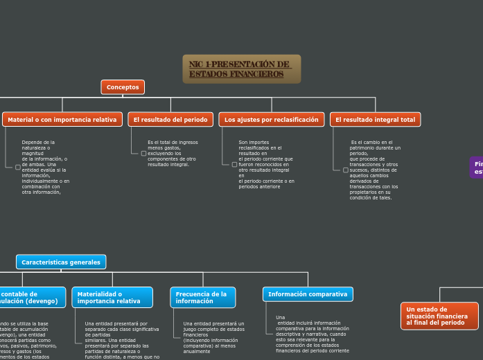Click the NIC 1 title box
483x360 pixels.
[x=241, y=69]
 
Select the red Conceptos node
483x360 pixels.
[x=123, y=87]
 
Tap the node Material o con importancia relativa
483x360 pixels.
[x=62, y=120]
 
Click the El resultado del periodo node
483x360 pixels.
[x=170, y=120]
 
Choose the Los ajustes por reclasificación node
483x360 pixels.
[x=271, y=120]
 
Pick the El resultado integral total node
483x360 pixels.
[x=375, y=120]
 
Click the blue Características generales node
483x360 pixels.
[x=61, y=262]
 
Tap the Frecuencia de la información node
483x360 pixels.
[x=202, y=298]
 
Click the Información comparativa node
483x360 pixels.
[x=308, y=294]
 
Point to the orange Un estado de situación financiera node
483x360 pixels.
[x=439, y=316]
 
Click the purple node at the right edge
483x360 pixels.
[x=477, y=168]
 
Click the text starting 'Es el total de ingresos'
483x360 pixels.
[x=172, y=153]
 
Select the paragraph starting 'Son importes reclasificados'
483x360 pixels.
[x=266, y=164]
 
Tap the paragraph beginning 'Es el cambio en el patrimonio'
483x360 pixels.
[x=374, y=170]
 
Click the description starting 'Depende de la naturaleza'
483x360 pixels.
[x=44, y=167]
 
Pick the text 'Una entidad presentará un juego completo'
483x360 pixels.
[x=213, y=337]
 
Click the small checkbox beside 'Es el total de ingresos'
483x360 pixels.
[x=143, y=153]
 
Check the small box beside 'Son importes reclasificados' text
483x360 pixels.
[x=234, y=164]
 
